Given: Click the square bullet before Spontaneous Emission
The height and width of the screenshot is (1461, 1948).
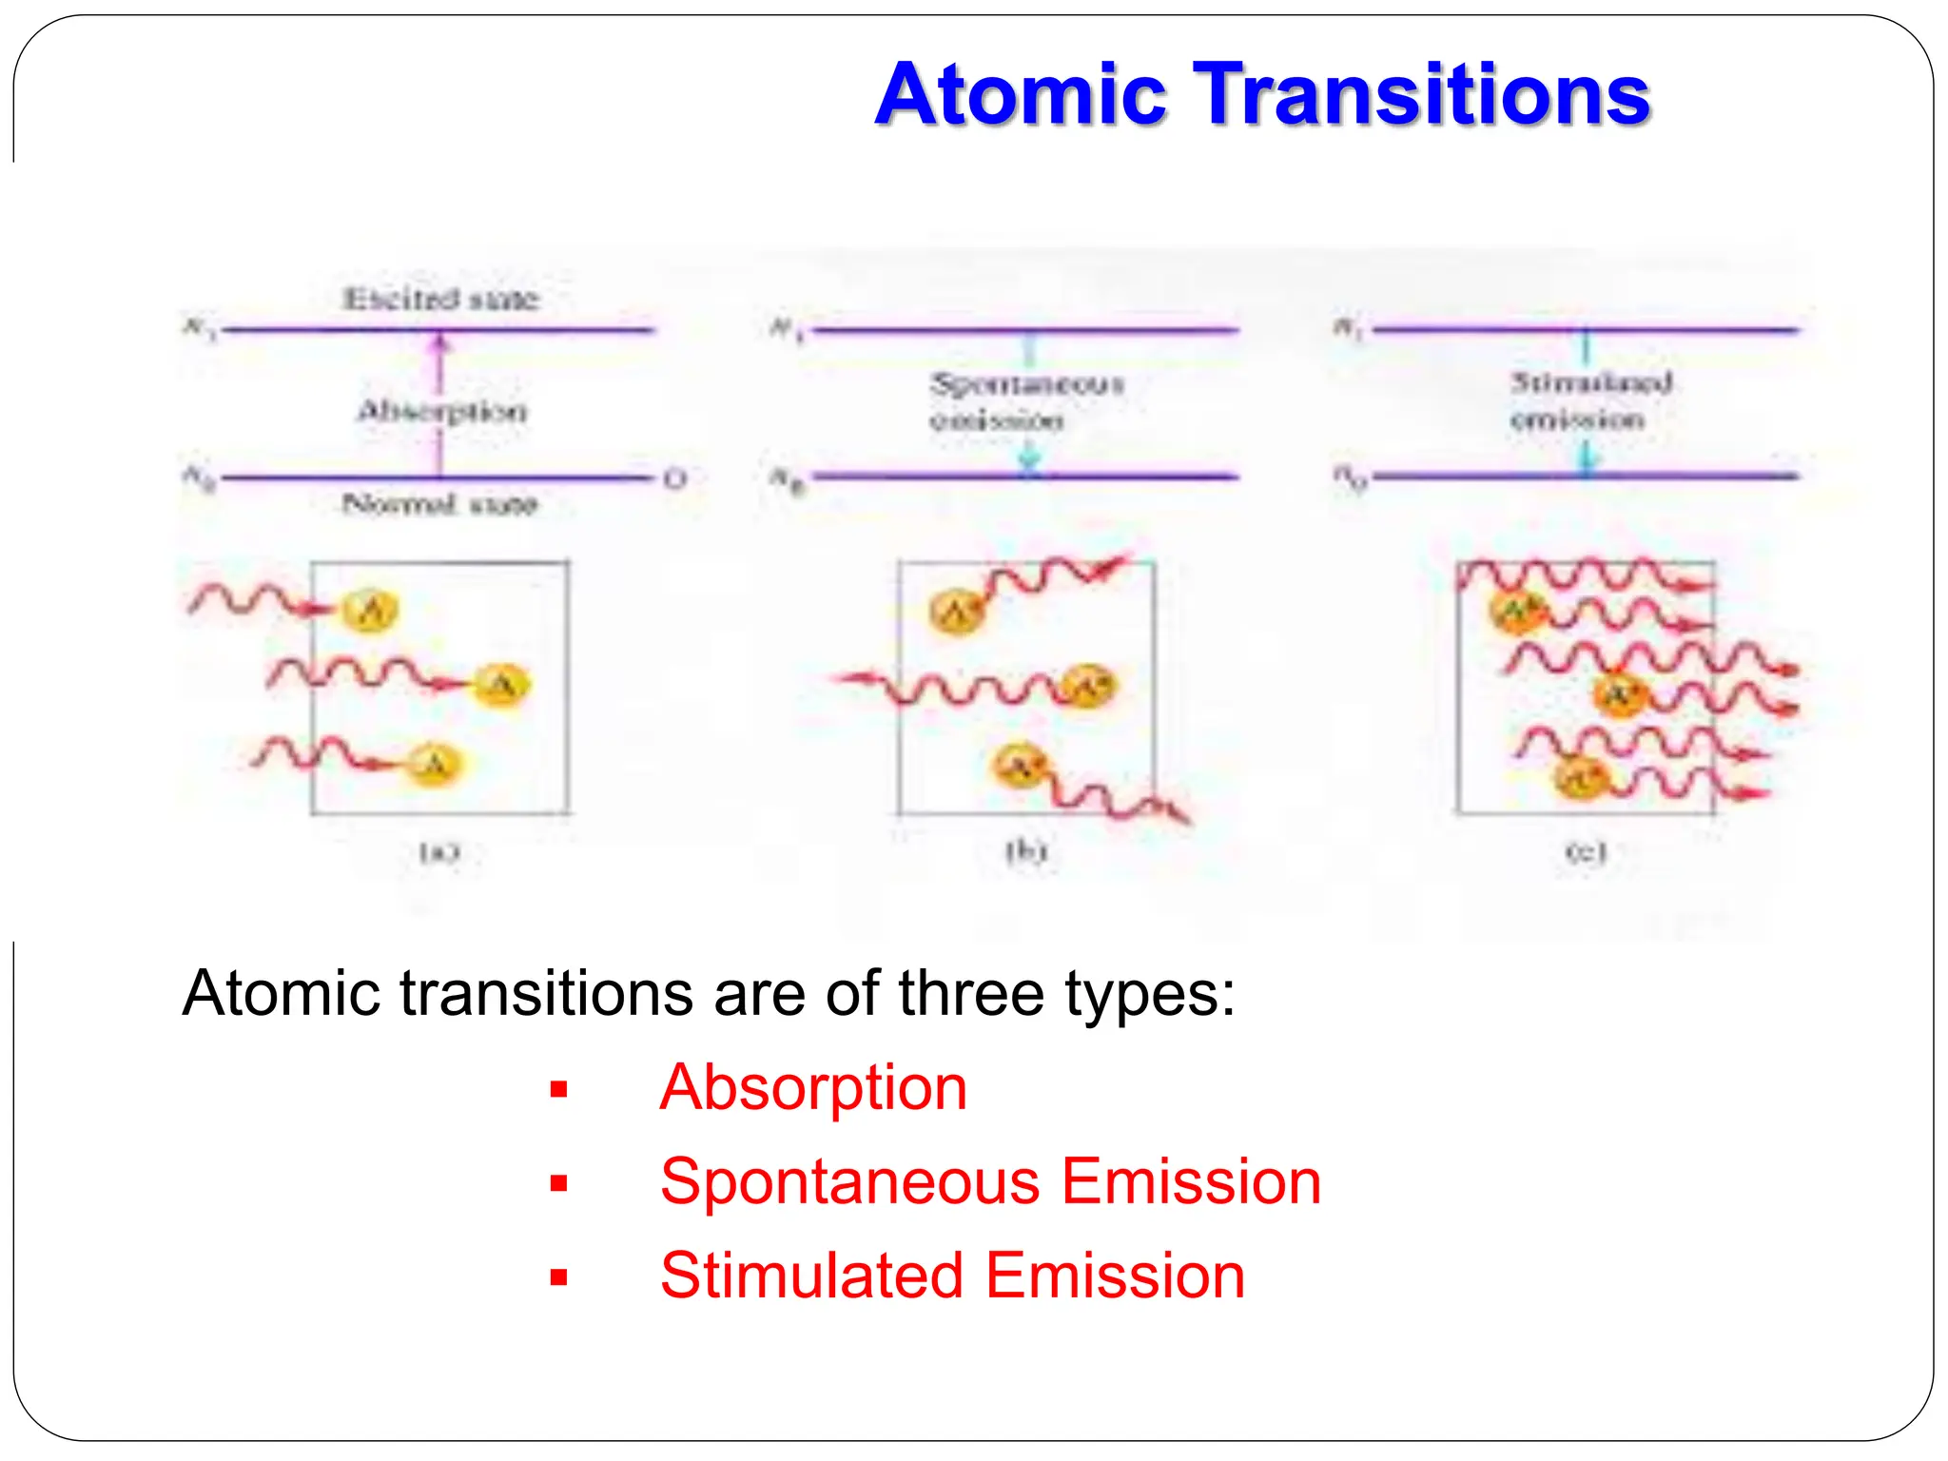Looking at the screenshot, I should pos(558,1183).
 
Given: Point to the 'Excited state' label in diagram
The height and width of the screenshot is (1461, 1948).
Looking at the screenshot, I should pos(440,299).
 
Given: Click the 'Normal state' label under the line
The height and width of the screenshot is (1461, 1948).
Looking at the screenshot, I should pos(439,503).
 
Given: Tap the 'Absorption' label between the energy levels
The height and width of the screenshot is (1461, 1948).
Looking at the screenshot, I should pos(441,411).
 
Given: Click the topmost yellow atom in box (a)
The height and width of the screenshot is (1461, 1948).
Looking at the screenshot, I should pos(371,610).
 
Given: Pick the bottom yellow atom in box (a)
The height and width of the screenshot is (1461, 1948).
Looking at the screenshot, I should pos(435,764).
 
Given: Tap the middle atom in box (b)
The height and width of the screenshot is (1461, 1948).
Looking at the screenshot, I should pos(1087,686).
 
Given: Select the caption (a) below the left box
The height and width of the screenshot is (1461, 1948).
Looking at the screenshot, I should pos(439,851).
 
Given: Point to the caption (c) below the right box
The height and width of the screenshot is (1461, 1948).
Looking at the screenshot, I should pos(1586,851).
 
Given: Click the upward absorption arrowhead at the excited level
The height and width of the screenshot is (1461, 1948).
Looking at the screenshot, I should pos(439,342).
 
